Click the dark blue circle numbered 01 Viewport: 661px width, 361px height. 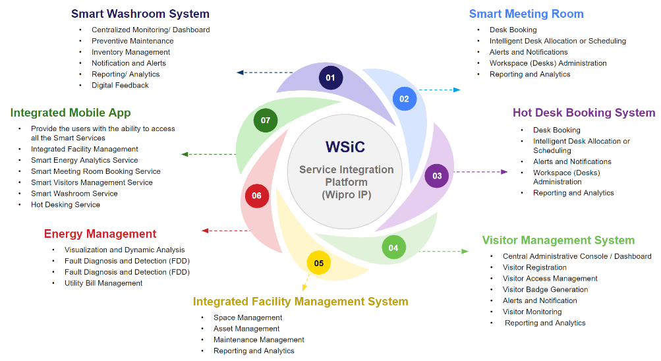click(x=330, y=78)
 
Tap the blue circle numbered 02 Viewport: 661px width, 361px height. click(x=404, y=99)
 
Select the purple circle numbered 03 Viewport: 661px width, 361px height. click(x=437, y=176)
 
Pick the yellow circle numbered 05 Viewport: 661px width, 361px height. click(x=319, y=263)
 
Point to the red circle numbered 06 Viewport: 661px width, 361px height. click(x=256, y=196)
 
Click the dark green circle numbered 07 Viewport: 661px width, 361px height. click(x=266, y=121)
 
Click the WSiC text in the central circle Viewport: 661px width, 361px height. click(x=345, y=147)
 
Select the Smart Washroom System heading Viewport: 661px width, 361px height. click(x=140, y=13)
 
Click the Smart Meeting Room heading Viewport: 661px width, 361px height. click(x=526, y=13)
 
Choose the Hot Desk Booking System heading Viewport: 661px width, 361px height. click(x=584, y=113)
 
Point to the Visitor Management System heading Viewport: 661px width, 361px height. click(x=558, y=240)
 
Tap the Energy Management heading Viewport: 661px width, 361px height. click(x=100, y=234)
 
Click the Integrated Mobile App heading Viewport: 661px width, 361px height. click(x=71, y=113)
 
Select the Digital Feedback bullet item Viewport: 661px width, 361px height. click(x=120, y=85)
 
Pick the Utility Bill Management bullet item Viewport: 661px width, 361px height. click(x=103, y=283)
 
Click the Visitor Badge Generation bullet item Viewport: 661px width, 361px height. click(x=545, y=289)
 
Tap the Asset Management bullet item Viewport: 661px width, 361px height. click(x=246, y=329)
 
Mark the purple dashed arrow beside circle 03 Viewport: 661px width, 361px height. click(x=480, y=172)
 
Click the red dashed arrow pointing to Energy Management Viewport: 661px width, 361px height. click(x=225, y=231)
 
